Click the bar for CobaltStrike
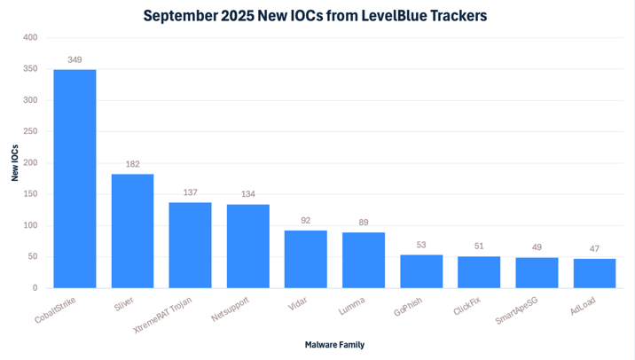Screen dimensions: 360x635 click(74, 178)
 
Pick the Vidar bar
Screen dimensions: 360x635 click(306, 259)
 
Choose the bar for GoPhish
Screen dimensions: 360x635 click(421, 271)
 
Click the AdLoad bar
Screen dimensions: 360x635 click(594, 273)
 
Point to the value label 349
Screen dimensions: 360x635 click(74, 59)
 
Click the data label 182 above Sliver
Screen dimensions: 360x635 click(132, 164)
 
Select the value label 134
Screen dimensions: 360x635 click(247, 194)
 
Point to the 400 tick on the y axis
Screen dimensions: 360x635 click(30, 37)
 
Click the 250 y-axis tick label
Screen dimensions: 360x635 click(30, 131)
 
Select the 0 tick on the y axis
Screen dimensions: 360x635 click(35, 288)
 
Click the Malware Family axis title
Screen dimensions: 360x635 click(334, 344)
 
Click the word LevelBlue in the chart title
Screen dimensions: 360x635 click(383, 15)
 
